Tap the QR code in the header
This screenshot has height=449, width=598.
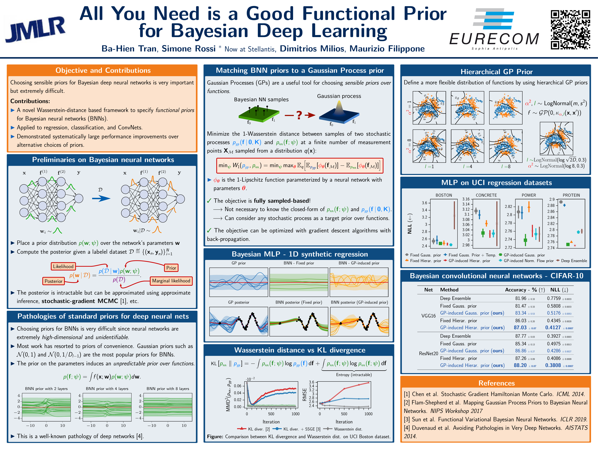click(x=570, y=30)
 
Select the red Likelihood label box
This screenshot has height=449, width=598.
click(x=63, y=266)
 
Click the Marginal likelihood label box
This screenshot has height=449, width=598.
click(x=171, y=281)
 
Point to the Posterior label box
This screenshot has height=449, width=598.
click(x=54, y=281)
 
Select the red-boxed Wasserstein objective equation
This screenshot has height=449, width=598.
click(x=300, y=165)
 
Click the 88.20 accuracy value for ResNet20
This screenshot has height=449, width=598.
click(x=520, y=365)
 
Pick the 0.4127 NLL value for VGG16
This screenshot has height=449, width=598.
click(x=553, y=328)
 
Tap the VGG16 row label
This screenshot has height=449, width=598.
click(x=428, y=316)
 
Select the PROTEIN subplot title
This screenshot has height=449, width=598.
click(x=571, y=195)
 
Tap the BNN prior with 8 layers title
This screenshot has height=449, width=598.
click(x=168, y=389)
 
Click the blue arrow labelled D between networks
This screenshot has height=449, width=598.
click(x=101, y=198)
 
